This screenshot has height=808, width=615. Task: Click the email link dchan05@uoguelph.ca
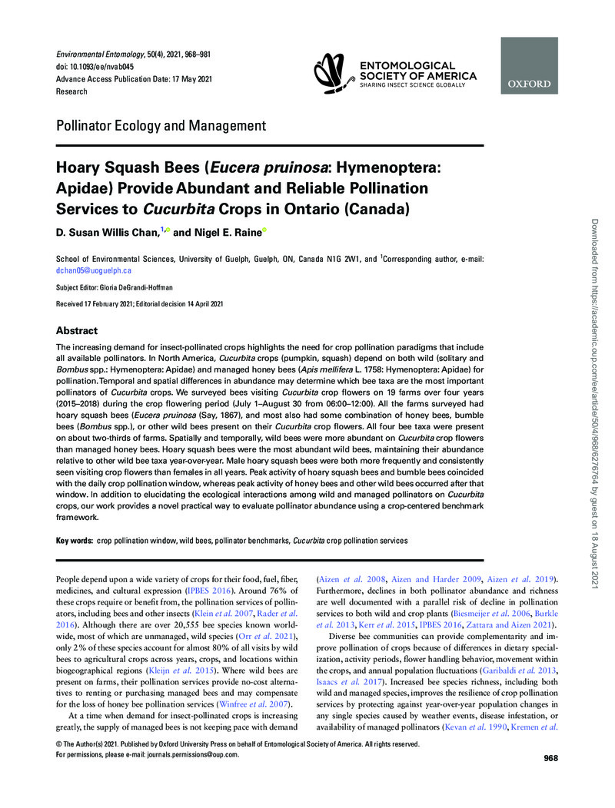(94, 271)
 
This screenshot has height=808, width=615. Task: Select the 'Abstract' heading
(77, 331)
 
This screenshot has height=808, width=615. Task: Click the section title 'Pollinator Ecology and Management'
(161, 126)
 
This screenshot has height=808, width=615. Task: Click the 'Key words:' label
(74, 541)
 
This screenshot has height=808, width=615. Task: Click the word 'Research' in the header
(72, 91)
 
